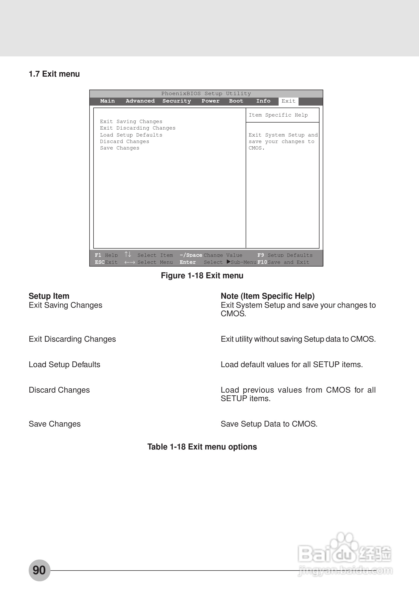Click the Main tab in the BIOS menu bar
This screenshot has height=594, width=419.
coord(107,101)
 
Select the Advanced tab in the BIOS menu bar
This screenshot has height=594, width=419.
coord(140,101)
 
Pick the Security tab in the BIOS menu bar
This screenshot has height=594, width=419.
coord(177,101)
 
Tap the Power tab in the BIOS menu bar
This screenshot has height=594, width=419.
coord(210,101)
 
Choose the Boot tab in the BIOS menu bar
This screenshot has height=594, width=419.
coord(236,101)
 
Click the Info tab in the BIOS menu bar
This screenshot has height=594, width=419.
coord(263,101)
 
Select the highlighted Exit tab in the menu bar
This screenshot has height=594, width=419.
coord(288,101)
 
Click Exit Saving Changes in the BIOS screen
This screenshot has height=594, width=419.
coord(131,122)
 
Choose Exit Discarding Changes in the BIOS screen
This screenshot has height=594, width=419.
coord(137,128)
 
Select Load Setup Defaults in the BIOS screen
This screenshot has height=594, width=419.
coord(131,135)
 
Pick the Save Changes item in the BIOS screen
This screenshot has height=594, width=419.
coord(119,148)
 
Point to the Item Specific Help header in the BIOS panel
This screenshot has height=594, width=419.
coord(278,115)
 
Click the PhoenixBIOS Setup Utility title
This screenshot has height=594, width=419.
coord(206,94)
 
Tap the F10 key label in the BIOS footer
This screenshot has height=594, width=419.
coord(262,262)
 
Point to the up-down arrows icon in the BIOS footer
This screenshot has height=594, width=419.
coord(128,254)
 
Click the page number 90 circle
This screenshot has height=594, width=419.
coord(39,570)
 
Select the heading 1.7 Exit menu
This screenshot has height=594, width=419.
coord(54,74)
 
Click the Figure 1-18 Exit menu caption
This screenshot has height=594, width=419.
coord(202,276)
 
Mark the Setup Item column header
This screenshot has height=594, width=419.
coord(49,296)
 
